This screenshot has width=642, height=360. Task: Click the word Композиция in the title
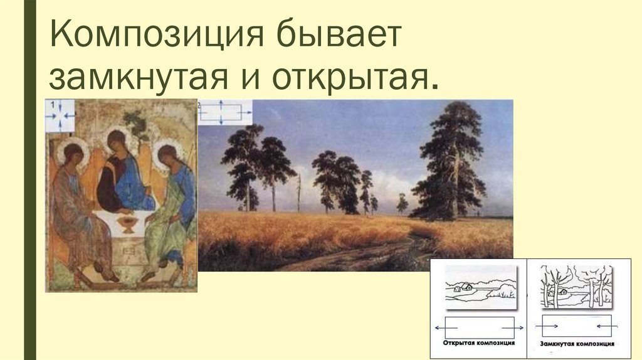(156, 34)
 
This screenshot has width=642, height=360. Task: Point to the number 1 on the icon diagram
(53, 105)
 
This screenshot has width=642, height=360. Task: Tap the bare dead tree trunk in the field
(299, 192)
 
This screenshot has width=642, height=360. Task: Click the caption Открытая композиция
(478, 342)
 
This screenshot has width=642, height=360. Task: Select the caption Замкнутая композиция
(577, 344)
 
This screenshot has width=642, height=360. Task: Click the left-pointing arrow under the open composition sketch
(446, 327)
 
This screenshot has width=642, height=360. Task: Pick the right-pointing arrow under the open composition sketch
(512, 327)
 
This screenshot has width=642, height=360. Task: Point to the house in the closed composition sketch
(563, 291)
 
